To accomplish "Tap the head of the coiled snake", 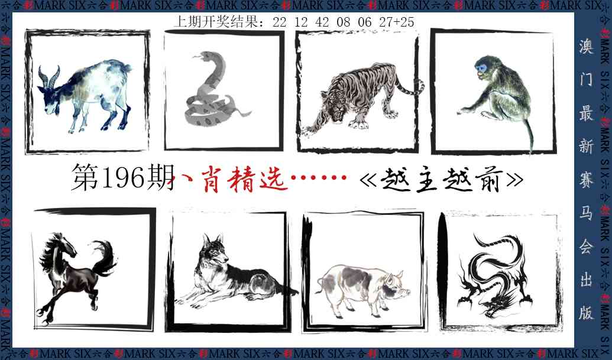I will pos(199,57).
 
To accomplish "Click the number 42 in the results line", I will pos(323,22).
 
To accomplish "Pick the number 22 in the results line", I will pos(280,22).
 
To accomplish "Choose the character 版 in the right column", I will pos(585,313).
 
